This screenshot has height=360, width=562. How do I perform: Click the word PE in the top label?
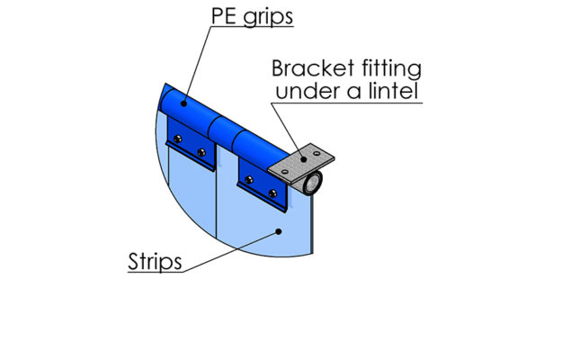click(x=224, y=16)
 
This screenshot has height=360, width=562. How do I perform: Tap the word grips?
click(x=268, y=18)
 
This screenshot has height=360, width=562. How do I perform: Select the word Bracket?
click(x=313, y=68)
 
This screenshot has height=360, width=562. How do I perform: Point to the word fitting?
click(x=391, y=69)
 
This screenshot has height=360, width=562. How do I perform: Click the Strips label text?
click(x=155, y=262)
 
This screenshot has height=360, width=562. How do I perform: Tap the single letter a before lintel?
click(x=355, y=93)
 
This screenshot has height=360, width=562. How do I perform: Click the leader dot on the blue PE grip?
click(x=183, y=103)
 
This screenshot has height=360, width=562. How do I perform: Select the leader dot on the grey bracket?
click(x=303, y=159)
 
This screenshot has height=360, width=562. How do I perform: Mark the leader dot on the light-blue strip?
click(x=279, y=231)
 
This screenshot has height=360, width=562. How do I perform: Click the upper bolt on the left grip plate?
click(x=177, y=139)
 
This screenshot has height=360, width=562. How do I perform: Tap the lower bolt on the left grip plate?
click(x=201, y=152)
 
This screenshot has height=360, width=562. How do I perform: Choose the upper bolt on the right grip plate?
click(x=249, y=180)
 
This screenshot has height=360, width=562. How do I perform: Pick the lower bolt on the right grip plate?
click(x=272, y=193)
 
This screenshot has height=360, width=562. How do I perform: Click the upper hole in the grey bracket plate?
click(x=317, y=153)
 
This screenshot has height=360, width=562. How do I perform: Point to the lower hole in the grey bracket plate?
click(x=284, y=172)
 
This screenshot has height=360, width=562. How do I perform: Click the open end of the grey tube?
click(x=315, y=183)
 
